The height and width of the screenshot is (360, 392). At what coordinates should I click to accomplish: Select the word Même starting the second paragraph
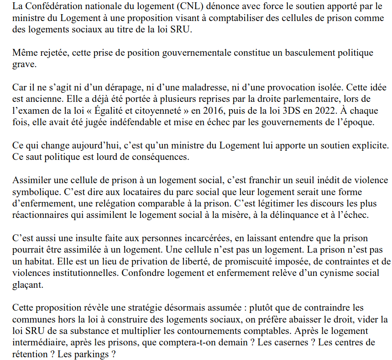[x=24, y=53]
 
